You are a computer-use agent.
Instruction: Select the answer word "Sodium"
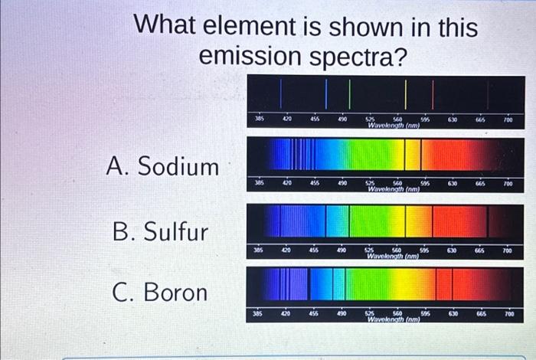178,166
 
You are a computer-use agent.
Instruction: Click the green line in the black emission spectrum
350,93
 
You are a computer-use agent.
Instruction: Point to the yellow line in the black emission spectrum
406,93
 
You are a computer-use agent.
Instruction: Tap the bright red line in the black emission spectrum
433,93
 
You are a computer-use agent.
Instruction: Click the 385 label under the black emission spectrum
260,119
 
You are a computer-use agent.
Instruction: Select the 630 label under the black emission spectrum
453,119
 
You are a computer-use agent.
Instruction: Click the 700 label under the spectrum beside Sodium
508,185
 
